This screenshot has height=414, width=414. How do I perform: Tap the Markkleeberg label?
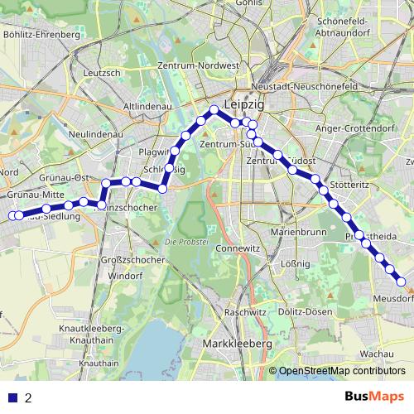coord(238,343)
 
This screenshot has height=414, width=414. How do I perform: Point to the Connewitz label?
coord(237,248)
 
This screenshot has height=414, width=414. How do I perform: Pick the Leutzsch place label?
coord(103,73)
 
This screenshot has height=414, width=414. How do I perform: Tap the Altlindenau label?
coord(147,108)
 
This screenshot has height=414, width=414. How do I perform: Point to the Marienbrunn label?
coord(296,233)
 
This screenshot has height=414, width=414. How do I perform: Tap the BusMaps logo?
coord(373,396)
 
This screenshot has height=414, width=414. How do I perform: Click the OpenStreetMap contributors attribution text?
coord(342,371)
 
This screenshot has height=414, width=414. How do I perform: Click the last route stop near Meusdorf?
coord(400,281)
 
